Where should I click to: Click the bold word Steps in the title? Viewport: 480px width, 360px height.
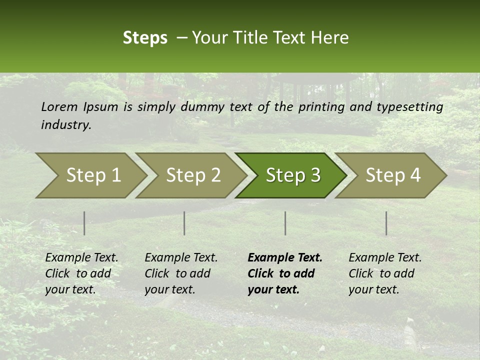click(x=145, y=38)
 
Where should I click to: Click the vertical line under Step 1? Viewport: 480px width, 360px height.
click(x=84, y=223)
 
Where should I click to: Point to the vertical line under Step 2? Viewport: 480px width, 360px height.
click(x=184, y=223)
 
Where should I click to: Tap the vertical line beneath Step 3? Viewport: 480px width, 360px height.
click(x=285, y=223)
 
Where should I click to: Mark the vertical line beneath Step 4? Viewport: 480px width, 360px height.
click(x=386, y=223)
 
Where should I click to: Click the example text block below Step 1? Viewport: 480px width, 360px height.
click(x=81, y=273)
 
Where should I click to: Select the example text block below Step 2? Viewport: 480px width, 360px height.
click(x=181, y=273)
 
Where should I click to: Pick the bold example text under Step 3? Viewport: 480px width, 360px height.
click(x=285, y=273)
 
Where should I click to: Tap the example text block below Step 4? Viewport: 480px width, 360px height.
click(x=385, y=273)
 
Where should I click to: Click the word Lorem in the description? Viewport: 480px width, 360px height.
click(x=59, y=107)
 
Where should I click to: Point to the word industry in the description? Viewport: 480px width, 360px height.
click(x=65, y=125)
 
